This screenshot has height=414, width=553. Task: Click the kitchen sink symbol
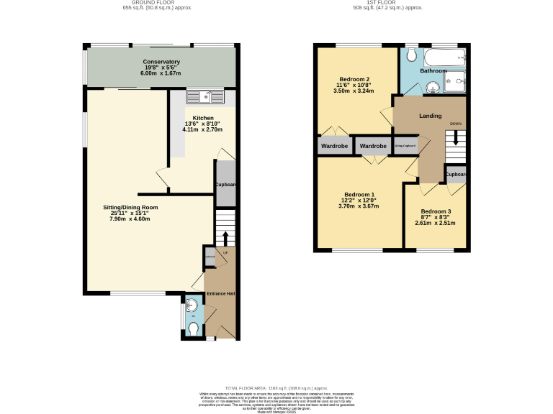(x=206, y=96)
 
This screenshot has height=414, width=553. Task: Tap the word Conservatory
(x=161, y=62)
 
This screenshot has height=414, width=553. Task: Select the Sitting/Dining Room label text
(x=130, y=207)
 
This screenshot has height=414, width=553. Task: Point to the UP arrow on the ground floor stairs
(x=225, y=237)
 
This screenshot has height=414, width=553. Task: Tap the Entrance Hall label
(x=220, y=294)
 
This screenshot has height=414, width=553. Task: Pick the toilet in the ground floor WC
(x=192, y=328)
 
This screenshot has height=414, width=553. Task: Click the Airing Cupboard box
(x=405, y=146)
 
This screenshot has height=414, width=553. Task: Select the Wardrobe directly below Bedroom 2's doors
(x=334, y=146)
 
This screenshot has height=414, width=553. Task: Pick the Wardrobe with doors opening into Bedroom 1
(x=373, y=146)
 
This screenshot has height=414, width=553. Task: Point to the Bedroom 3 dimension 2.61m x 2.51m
(x=435, y=223)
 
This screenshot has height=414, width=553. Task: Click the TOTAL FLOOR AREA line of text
(x=276, y=387)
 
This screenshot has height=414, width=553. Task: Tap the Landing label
(x=430, y=116)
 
